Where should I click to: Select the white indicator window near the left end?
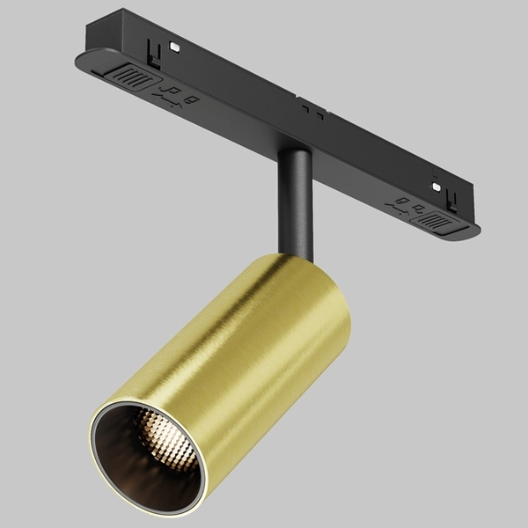(x=173, y=44)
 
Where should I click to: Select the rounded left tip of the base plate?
(x=81, y=60)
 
